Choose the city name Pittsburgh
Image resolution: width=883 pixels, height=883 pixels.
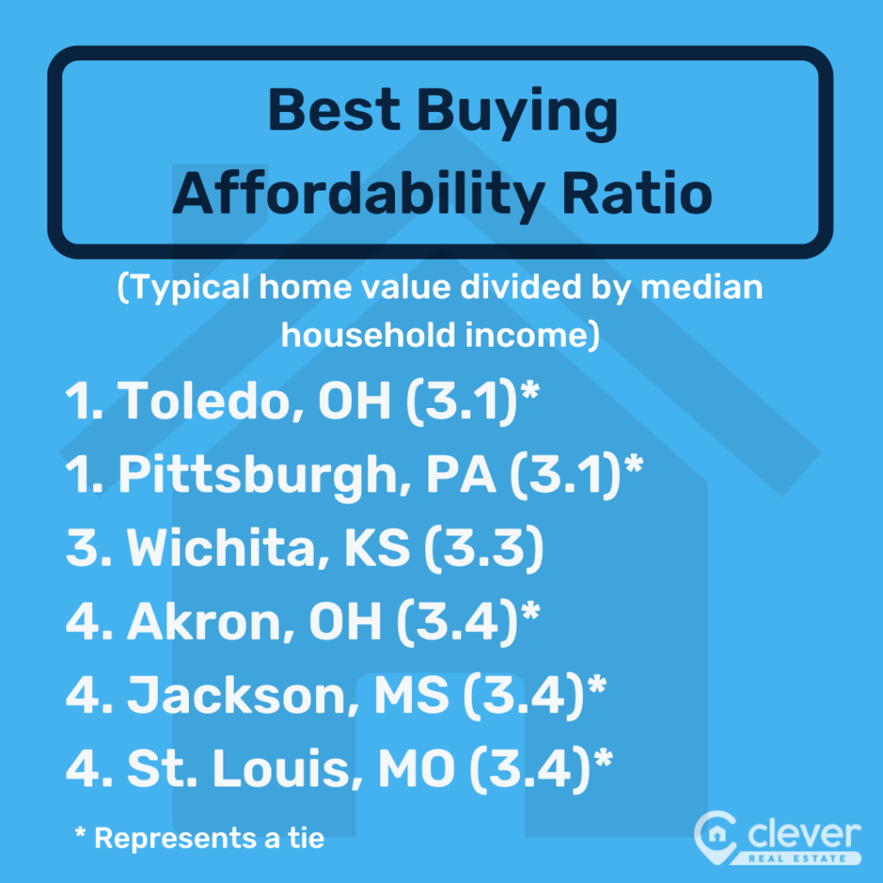click(255, 477)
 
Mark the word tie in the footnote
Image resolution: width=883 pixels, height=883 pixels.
click(304, 837)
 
